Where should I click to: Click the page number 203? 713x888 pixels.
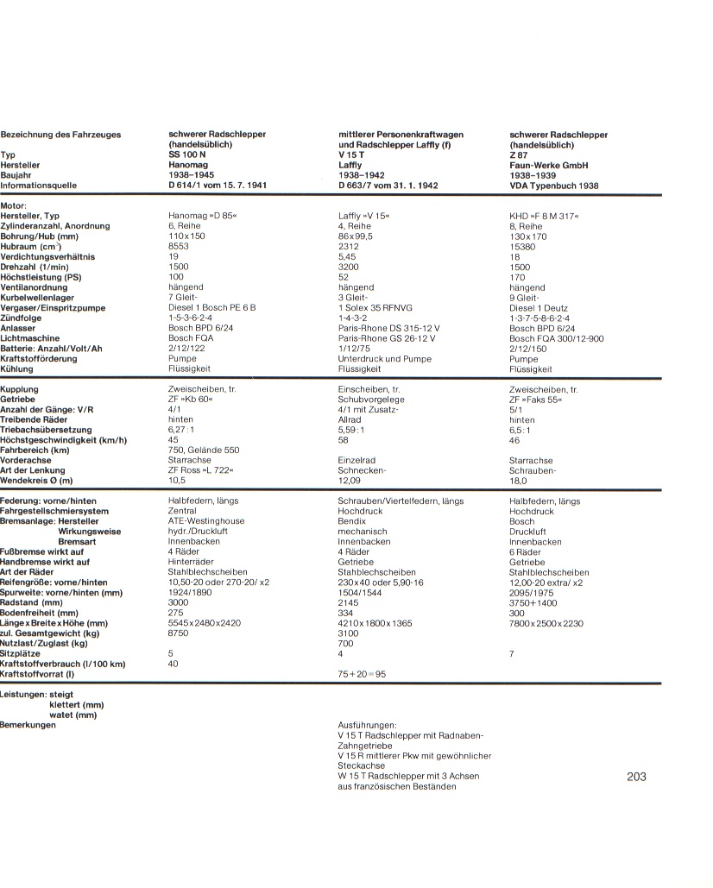tap(636, 777)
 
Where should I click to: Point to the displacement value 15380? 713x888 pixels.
tap(522, 247)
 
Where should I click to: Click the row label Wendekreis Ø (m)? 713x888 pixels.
tap(37, 481)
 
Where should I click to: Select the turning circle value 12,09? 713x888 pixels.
tap(350, 481)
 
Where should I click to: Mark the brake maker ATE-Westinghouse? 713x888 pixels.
tap(206, 521)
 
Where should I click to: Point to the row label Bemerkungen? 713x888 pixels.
tap(28, 725)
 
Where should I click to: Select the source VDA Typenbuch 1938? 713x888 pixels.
tap(553, 186)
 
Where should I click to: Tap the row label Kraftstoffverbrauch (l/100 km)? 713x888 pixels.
tap(63, 664)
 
